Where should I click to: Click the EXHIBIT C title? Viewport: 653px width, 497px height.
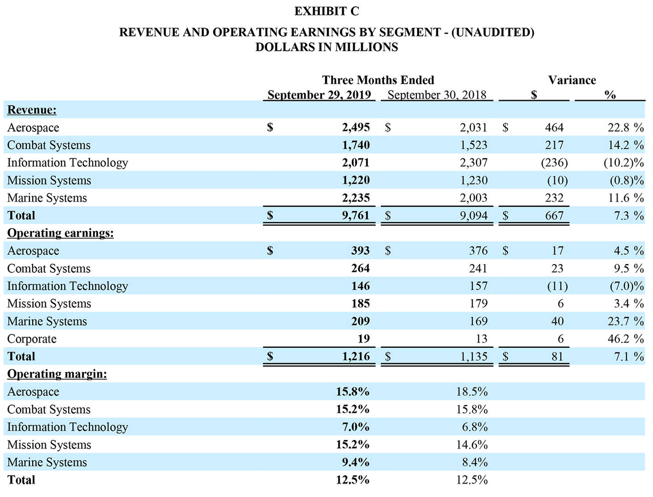tap(326, 12)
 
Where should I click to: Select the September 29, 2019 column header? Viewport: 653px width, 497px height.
tap(319, 95)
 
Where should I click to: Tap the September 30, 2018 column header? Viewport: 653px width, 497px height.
tap(437, 95)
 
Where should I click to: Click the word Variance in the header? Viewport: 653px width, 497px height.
tap(572, 80)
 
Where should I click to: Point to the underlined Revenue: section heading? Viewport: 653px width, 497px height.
tap(32, 110)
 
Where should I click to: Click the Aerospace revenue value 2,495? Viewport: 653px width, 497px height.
tap(356, 127)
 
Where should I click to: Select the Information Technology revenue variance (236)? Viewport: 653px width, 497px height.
tap(554, 162)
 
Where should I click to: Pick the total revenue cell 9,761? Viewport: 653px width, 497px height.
tap(356, 215)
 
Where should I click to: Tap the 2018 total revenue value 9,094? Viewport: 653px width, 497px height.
tap(473, 215)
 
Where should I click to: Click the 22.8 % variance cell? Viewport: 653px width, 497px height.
tap(625, 127)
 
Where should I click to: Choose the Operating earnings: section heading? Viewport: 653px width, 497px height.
tap(60, 233)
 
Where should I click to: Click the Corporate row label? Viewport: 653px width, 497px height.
tap(32, 339)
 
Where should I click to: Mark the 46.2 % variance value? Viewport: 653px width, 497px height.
tap(625, 339)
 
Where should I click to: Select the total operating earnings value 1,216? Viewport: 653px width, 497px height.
tap(356, 356)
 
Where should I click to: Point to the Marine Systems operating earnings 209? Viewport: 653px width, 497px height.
tap(360, 321)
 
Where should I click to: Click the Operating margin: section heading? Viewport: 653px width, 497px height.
tap(57, 374)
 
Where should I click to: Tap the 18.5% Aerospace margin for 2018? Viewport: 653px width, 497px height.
tap(472, 392)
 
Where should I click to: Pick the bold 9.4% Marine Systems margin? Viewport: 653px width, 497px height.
tap(356, 462)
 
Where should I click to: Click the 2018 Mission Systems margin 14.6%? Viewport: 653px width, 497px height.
tap(472, 445)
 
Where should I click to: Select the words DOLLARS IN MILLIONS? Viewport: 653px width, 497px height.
tap(326, 47)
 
